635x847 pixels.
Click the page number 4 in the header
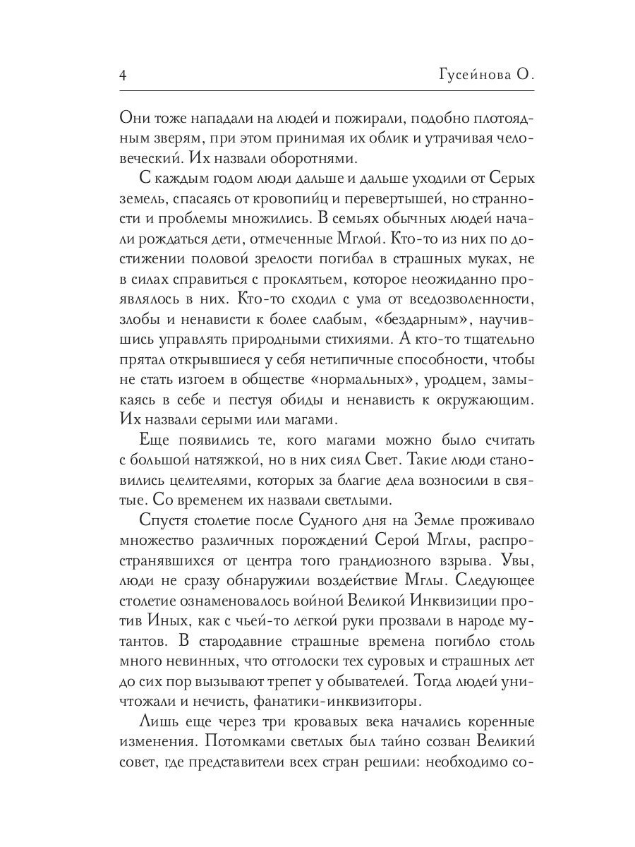124,74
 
